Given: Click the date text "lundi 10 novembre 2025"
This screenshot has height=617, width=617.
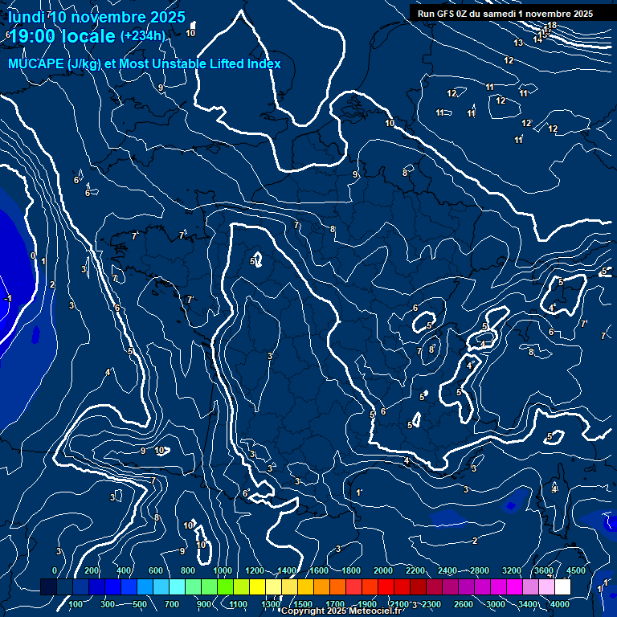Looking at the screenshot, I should [x=96, y=17].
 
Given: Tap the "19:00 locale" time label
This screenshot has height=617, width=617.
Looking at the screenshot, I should [x=61, y=35].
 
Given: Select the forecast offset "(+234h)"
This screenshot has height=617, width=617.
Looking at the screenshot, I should [x=142, y=35].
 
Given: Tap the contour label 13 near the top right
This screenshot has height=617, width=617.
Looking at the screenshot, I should [x=518, y=43].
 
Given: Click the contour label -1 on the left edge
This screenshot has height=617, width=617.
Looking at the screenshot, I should [x=8, y=298].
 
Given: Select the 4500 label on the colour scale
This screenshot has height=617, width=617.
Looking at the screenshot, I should [x=575, y=570].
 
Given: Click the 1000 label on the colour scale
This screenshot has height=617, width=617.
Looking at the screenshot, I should [x=222, y=570].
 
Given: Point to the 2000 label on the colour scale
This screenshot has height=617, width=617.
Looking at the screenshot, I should [x=383, y=570].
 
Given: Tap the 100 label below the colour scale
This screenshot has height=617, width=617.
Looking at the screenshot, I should [x=76, y=604].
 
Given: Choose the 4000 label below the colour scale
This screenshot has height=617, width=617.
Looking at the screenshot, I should [x=561, y=604].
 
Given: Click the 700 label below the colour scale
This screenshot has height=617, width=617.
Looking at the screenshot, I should [x=172, y=604].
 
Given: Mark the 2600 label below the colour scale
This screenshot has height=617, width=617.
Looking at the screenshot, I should [x=463, y=604].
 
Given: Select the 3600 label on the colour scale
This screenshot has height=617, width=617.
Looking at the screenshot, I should [x=544, y=570].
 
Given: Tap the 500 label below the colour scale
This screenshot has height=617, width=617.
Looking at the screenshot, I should [x=140, y=604].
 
